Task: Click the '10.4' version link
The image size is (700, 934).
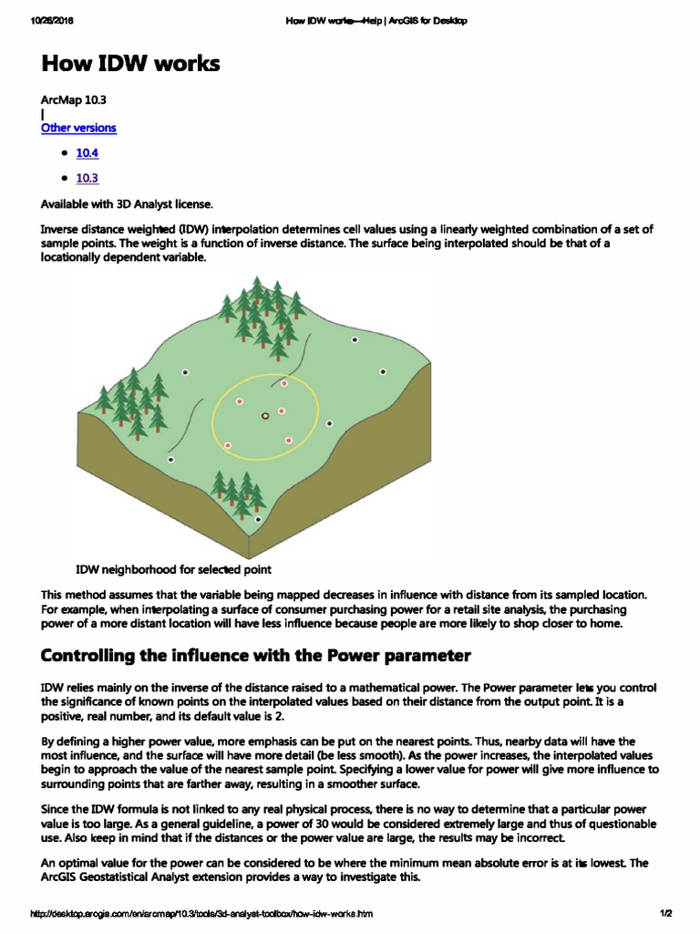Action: pos(87,152)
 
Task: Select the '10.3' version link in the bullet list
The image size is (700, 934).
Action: pos(87,178)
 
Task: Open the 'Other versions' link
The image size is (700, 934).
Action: pos(78,128)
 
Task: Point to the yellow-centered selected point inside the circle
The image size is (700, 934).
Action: pos(265,416)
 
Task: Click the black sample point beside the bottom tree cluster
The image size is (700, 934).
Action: pos(258,519)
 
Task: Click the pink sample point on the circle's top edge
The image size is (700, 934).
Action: pos(284,383)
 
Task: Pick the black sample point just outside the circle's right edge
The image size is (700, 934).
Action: pos(329,424)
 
